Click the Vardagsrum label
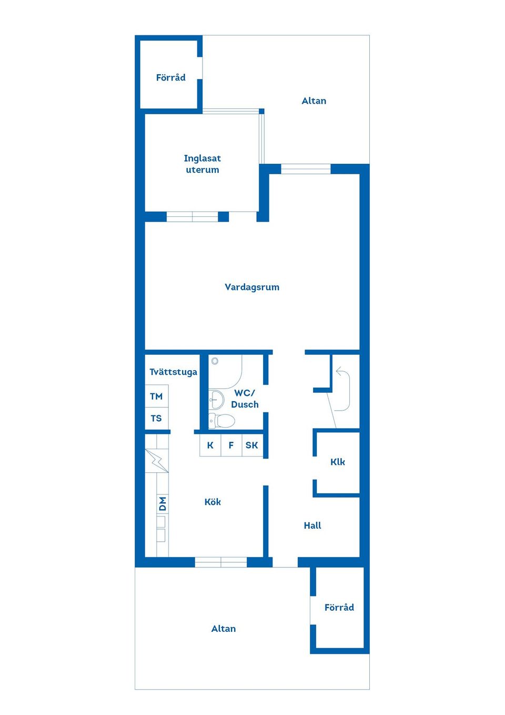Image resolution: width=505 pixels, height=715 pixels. [252, 287]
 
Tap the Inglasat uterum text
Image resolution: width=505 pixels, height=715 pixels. [203, 164]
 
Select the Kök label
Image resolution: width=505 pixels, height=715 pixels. [213, 502]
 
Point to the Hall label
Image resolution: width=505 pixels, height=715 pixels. [312, 525]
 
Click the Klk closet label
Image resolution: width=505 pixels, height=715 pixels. [338, 462]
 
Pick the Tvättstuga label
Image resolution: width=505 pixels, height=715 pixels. [174, 372]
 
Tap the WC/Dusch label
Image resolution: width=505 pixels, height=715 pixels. [245, 399]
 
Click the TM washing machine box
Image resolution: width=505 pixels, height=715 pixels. [157, 396]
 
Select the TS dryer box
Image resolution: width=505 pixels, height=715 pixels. [157, 418]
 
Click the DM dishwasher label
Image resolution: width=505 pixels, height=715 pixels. [163, 504]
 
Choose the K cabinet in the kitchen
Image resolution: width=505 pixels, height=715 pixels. [210, 445]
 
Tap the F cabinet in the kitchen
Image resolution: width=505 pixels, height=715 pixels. [231, 445]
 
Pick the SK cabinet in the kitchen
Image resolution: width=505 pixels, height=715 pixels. [252, 445]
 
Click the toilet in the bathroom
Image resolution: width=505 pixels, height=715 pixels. [221, 421]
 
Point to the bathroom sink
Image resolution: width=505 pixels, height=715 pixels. [216, 399]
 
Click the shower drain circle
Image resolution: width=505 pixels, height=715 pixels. [215, 361]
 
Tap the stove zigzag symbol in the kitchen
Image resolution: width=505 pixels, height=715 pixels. [157, 460]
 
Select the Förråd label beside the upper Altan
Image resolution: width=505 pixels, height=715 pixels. [171, 77]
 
